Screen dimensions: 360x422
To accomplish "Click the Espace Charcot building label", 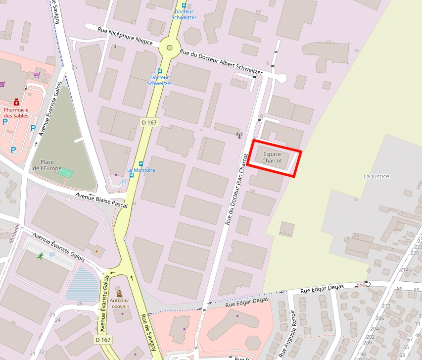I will pyautogui.click(x=272, y=157).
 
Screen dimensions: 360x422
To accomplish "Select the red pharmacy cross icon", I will pyautogui.click(x=16, y=102).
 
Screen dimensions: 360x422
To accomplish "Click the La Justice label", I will pyautogui.click(x=376, y=176).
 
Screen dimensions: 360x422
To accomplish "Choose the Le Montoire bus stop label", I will pyautogui.click(x=141, y=170).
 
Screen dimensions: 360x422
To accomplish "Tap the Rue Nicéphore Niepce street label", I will pyautogui.click(x=125, y=36).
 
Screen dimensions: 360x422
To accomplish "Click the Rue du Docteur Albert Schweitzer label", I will pyautogui.click(x=221, y=62).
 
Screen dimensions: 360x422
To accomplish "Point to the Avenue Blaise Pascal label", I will pyautogui.click(x=101, y=201).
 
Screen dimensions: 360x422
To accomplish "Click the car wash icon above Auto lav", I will pyautogui.click(x=119, y=294).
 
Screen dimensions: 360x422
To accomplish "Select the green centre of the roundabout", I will pyautogui.click(x=170, y=48).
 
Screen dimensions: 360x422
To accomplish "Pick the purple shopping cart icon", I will pyautogui.click(x=37, y=75).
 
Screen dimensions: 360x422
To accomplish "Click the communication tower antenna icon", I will pyautogui.click(x=239, y=135).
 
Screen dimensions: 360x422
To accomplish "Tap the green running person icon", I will pyautogui.click(x=40, y=256).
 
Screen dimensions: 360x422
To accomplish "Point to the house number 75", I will pyautogui.click(x=74, y=68).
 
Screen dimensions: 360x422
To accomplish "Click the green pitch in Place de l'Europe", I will pyautogui.click(x=65, y=172).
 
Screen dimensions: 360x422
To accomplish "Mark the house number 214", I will pyautogui.click(x=404, y=270).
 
